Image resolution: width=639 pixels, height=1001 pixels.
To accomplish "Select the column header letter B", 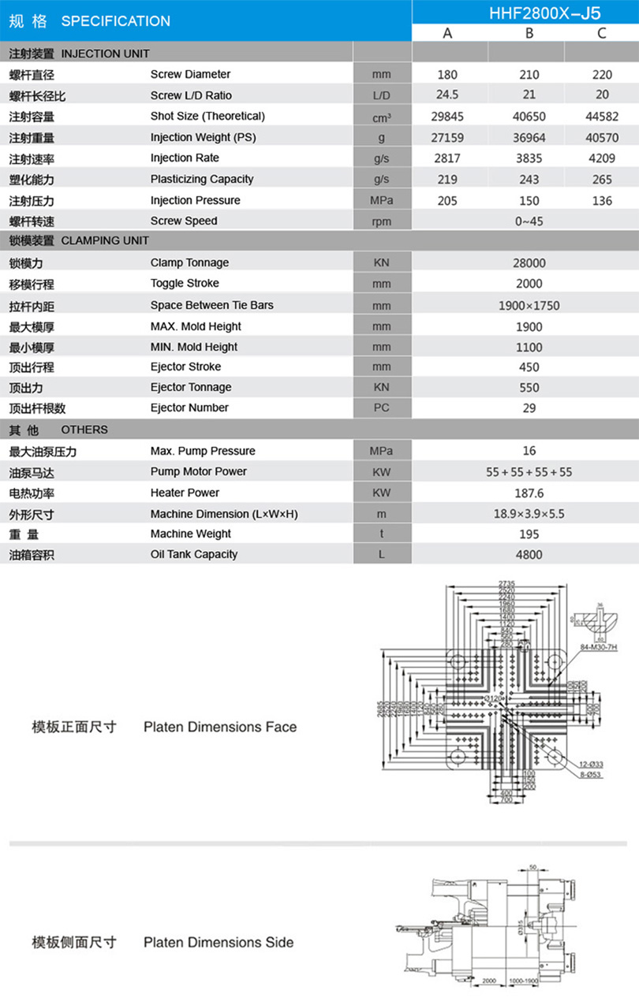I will point(529,32).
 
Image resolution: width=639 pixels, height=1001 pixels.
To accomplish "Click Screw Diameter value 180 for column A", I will point(447,75).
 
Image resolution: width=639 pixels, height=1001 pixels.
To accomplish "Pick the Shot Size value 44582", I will point(602,117).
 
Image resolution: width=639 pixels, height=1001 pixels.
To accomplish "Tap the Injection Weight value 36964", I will point(529,138).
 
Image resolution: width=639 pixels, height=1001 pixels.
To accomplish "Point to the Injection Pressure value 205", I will point(447,201).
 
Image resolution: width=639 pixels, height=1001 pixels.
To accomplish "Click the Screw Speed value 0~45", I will point(529,221).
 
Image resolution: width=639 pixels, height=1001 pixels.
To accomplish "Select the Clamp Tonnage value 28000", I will point(529,263).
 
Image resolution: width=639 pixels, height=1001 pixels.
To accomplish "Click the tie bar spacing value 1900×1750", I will point(529,306).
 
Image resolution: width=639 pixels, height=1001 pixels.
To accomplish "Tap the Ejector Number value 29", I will point(529,408).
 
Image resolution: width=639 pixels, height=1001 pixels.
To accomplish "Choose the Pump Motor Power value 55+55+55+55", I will point(529,472).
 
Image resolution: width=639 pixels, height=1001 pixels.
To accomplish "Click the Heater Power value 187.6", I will point(529,493).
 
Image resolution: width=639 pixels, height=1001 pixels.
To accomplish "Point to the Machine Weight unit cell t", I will point(381,534).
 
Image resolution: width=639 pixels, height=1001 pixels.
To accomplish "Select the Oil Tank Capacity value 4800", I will point(529,555).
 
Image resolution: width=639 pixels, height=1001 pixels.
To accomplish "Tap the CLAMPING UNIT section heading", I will point(104,240).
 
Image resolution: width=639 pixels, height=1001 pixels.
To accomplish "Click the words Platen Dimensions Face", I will point(220,727).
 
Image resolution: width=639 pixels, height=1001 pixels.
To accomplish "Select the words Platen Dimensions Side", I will point(219,943).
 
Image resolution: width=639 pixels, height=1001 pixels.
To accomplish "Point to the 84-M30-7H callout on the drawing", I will point(597,647).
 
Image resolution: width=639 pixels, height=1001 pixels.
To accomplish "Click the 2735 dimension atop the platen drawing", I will point(506,583).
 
